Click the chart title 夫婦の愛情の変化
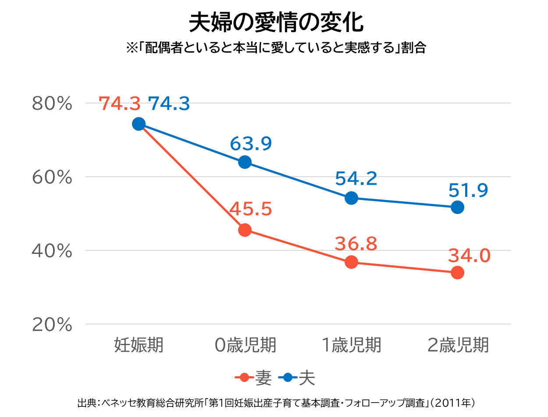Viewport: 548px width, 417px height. [x=276, y=23]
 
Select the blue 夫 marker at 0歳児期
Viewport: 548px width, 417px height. [x=245, y=162]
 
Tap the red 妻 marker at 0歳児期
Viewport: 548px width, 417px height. [x=245, y=230]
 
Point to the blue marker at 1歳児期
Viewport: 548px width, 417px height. [x=351, y=198]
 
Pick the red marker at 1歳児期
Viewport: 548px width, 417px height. [x=351, y=262]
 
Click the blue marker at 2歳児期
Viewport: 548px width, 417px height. [x=457, y=207]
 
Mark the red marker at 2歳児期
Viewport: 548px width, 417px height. [x=457, y=273]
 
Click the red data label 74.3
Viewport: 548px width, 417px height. [x=120, y=104]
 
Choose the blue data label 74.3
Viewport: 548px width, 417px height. [x=169, y=104]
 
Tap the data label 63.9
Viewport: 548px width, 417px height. [x=251, y=143]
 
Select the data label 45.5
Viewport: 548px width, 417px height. [x=251, y=210]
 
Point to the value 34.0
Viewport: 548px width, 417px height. [x=469, y=255]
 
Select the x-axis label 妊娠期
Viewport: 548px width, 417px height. [x=139, y=345]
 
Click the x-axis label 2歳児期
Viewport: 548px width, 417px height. [x=458, y=345]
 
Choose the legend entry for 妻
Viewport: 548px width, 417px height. [x=255, y=378]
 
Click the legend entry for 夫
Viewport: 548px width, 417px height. [x=299, y=378]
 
